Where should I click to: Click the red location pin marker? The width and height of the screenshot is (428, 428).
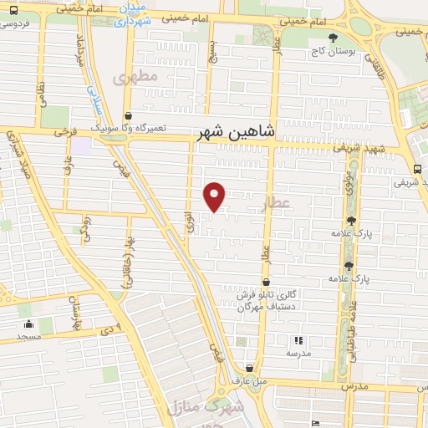pos(215,196)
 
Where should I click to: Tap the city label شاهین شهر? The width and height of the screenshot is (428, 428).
pos(233,132)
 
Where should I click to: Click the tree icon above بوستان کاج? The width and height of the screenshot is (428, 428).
pos(334,38)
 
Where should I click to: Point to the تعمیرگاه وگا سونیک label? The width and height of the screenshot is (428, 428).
pos(130,129)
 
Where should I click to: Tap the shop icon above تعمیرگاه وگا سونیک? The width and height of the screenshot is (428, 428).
pos(127,116)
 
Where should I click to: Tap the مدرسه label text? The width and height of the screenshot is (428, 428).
pos(298,354)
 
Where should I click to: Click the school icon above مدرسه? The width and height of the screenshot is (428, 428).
pos(298,340)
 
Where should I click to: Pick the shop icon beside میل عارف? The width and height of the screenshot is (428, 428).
pos(250,369)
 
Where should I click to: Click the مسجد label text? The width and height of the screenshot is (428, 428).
pos(28,337)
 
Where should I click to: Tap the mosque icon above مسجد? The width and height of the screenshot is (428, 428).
pos(28,324)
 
